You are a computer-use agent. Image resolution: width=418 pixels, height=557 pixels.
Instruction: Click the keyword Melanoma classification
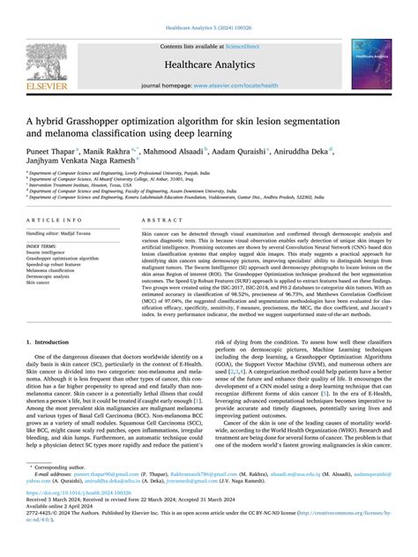pyautogui.click(x=56, y=271)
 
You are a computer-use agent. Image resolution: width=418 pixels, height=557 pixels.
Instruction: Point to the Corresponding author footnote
pyautogui.click(x=62, y=491)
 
